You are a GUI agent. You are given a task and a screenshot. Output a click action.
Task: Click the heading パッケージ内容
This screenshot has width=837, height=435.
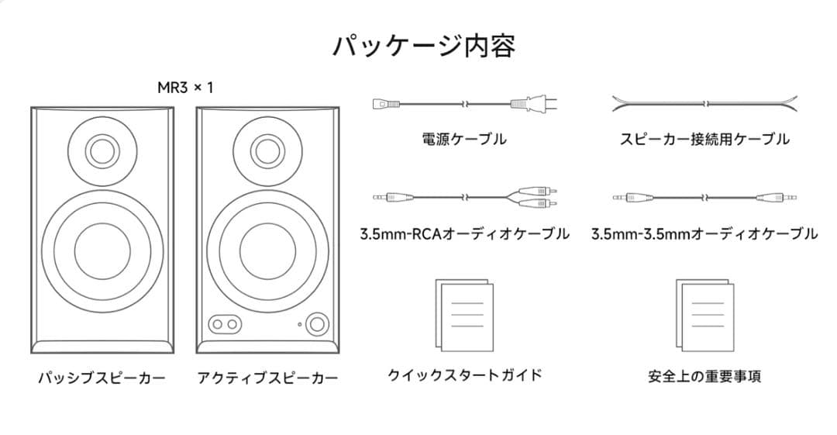coord(423,46)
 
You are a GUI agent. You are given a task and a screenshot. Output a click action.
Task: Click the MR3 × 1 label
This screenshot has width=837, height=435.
coord(185,88)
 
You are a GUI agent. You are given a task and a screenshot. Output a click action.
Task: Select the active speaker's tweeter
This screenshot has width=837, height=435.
coord(267,150)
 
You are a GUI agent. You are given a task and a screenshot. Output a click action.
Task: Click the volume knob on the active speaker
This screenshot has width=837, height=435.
coord(316,323)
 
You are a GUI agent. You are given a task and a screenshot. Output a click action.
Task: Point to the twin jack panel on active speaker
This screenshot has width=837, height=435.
coord(223,324)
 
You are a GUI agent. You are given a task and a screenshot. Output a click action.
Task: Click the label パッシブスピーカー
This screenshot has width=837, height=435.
coord(102,378)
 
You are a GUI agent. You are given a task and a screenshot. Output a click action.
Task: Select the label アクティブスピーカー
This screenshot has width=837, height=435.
coord(267,378)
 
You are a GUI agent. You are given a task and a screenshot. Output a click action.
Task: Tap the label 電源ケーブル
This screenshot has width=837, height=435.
coord(464,140)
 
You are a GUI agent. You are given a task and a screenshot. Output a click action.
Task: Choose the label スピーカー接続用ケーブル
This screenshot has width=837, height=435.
coord(704,140)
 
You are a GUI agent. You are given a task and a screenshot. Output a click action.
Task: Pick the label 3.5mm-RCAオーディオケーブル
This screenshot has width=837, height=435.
coord(464,233)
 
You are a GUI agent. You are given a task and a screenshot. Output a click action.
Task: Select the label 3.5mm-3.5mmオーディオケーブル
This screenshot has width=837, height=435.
coord(704,233)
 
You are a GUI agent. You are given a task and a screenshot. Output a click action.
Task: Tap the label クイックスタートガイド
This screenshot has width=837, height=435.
coord(464,375)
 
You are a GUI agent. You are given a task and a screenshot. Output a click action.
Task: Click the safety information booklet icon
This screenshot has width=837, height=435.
coord(704,314)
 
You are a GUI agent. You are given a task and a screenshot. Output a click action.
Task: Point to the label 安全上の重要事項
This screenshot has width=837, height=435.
coord(704,377)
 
